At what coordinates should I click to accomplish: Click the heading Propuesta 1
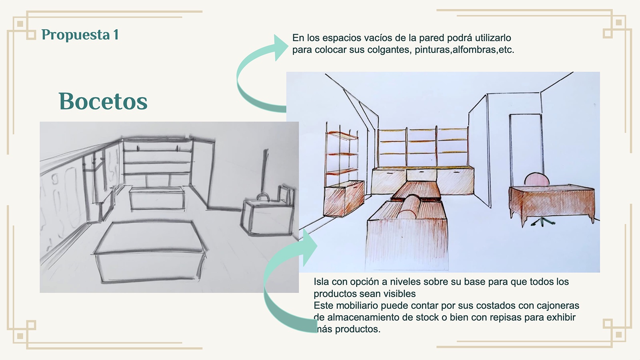click(80, 35)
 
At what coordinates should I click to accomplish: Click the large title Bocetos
click(103, 101)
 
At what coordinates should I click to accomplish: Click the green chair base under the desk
click(543, 222)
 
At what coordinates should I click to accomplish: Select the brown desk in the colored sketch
click(552, 200)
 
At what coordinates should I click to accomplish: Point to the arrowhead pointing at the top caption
click(280, 47)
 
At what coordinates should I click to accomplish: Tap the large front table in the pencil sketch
click(150, 252)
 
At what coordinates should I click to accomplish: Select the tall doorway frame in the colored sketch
click(526, 148)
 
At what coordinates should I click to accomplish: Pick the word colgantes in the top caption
click(388, 50)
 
